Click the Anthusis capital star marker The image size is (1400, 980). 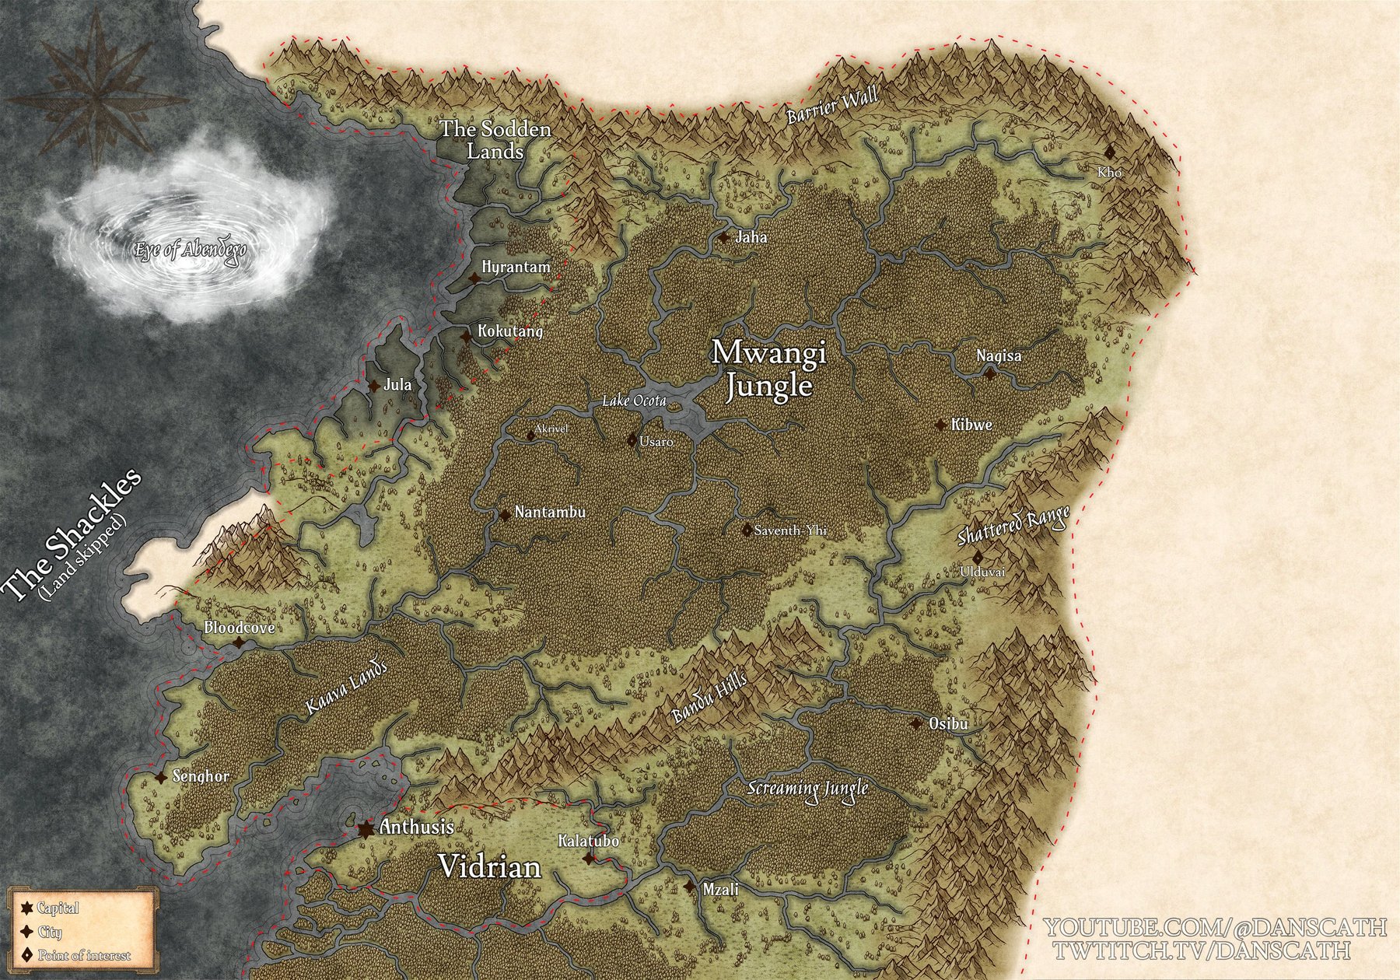[364, 828]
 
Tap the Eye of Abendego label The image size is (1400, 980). [194, 251]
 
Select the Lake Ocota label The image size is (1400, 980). [634, 401]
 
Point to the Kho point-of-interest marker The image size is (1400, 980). [1110, 152]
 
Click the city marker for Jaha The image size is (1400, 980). [724, 238]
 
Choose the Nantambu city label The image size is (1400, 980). [550, 513]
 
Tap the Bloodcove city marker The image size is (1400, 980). [240, 642]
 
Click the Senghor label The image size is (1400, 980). [201, 776]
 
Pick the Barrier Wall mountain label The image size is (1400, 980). [832, 105]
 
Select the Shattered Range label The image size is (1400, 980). [1013, 527]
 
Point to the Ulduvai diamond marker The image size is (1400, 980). [978, 557]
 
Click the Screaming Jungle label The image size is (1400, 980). [807, 788]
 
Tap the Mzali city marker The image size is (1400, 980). [690, 887]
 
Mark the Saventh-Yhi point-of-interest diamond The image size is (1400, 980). [747, 530]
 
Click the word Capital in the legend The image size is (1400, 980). [58, 908]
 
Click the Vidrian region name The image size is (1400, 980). [490, 866]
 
